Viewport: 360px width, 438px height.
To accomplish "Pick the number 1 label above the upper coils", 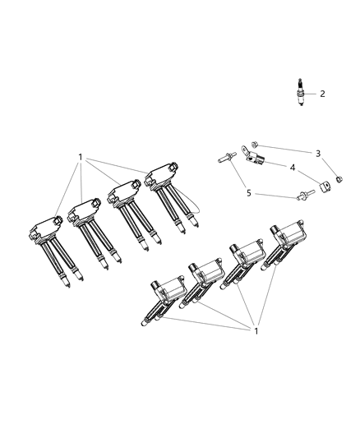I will [80, 157].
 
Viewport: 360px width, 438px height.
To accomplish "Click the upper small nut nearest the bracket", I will [255, 145].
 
